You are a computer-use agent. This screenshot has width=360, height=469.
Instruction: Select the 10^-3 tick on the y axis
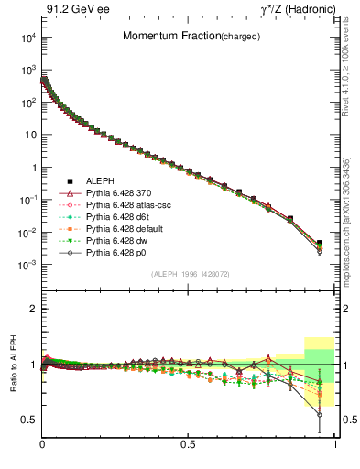[27, 265]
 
